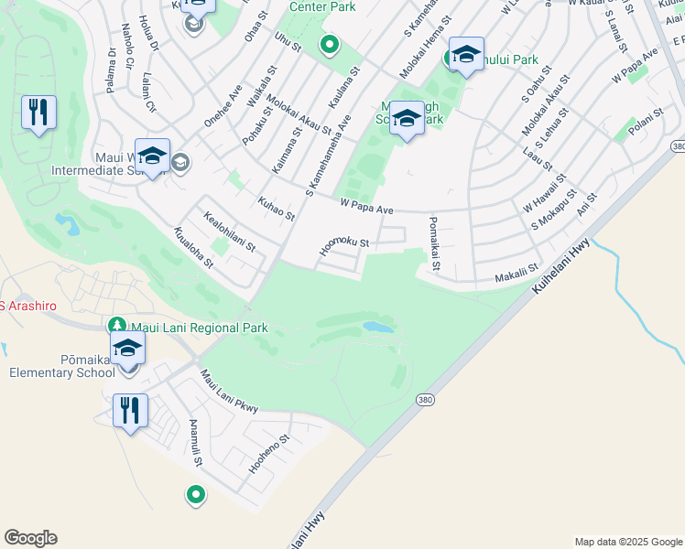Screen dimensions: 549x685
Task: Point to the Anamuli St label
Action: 194,444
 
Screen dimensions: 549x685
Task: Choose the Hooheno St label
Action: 267,453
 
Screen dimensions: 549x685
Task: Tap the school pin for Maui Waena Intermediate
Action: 152,157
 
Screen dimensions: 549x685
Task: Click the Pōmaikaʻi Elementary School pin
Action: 127,349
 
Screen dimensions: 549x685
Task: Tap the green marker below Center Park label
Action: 330,44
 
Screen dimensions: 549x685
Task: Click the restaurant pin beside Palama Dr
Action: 38,113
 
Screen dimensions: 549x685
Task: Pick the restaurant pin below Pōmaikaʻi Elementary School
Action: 130,411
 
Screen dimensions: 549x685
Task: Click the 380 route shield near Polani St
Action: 678,146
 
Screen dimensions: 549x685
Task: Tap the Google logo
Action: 30,538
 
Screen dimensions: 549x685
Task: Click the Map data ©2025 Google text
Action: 627,542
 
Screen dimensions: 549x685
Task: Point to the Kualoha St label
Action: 193,249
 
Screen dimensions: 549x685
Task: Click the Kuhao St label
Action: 276,209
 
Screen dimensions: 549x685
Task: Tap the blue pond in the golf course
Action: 378,327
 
